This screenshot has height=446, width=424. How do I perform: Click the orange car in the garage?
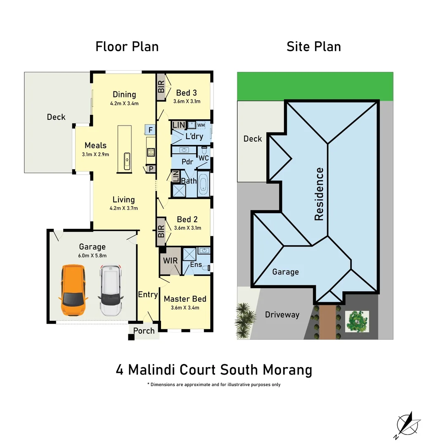(x=73, y=290)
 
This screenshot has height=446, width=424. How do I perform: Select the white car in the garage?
(x=111, y=290)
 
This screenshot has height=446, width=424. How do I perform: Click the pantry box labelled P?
(x=151, y=169)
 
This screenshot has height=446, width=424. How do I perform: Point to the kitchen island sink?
(x=127, y=159)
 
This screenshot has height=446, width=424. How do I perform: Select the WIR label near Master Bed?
(x=170, y=261)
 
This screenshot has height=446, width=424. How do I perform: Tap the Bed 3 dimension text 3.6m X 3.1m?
(x=187, y=101)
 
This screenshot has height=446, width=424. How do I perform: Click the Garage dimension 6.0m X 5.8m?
(x=92, y=256)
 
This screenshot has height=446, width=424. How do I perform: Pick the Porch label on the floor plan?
(x=144, y=331)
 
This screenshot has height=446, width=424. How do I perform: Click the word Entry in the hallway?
(x=148, y=294)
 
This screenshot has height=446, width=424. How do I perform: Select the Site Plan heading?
(x=314, y=47)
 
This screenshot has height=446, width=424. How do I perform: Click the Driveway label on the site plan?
(x=282, y=315)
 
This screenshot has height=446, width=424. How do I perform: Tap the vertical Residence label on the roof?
(x=319, y=194)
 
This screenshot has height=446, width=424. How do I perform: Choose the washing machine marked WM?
(x=201, y=125)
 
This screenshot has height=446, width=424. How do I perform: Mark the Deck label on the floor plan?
(x=56, y=117)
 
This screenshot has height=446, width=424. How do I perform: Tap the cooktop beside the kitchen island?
(x=150, y=152)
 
